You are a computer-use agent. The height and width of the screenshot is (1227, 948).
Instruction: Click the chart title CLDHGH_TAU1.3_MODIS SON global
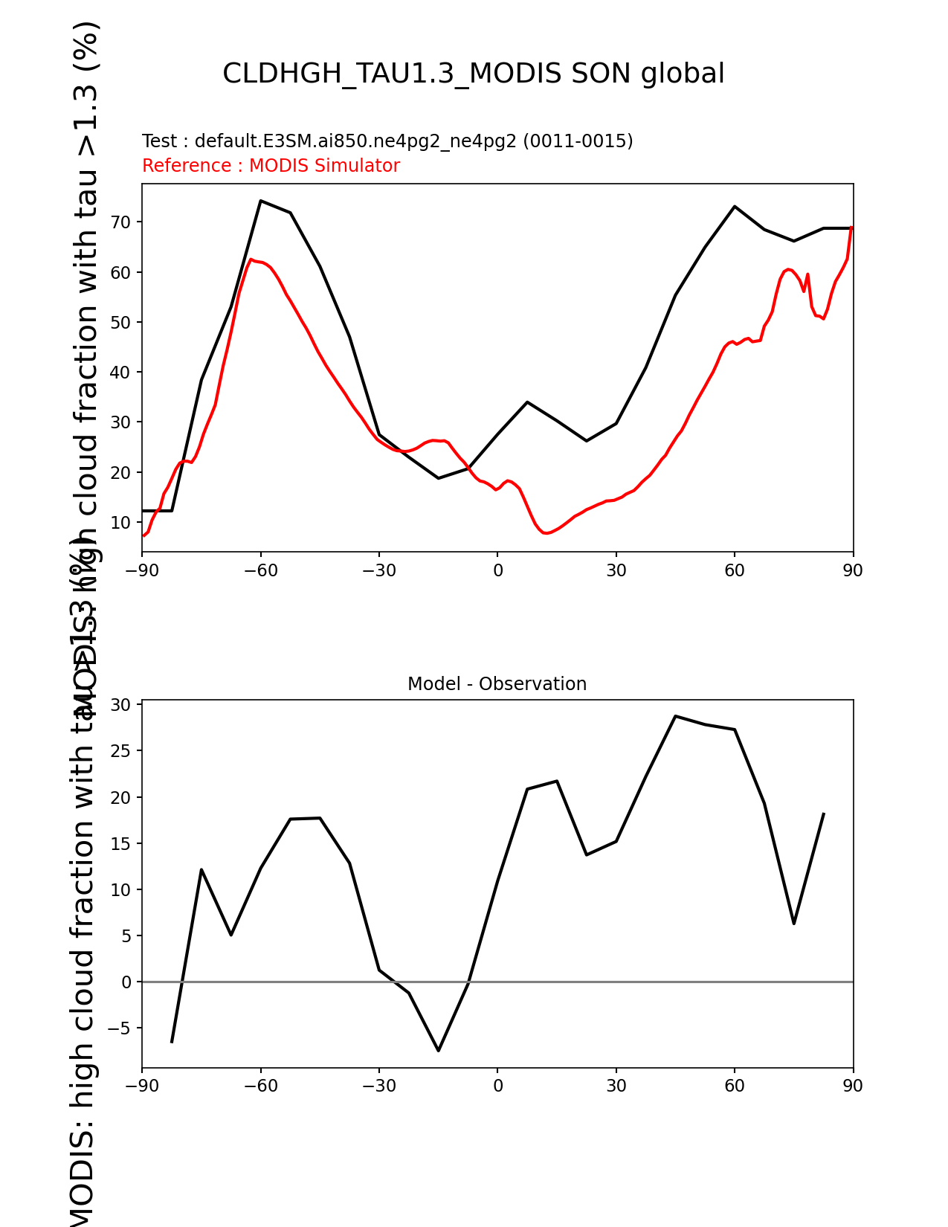point(474,74)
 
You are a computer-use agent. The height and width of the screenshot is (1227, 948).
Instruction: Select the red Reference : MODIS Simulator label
point(271,166)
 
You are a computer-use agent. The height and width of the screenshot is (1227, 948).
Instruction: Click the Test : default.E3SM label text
point(387,141)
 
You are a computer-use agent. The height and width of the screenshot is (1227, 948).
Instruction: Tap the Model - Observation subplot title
point(497,684)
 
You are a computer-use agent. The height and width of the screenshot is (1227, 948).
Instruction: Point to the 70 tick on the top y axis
point(120,222)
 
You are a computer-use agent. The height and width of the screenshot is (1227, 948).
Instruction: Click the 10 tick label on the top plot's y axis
point(120,523)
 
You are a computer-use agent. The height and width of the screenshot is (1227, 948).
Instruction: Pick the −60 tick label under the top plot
point(260,570)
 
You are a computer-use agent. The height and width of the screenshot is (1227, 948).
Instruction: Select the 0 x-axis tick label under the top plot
point(497,570)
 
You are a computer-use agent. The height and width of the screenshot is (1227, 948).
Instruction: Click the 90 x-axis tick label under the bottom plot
point(853,1086)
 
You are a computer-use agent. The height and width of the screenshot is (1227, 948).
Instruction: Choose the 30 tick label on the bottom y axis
point(120,705)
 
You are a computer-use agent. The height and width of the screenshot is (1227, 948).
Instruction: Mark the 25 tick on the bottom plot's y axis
point(120,751)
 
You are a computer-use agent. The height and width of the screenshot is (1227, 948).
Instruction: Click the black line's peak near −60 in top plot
point(261,201)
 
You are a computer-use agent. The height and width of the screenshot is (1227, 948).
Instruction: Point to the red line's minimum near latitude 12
point(546,533)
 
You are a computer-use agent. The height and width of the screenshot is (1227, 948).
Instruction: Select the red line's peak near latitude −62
point(251,260)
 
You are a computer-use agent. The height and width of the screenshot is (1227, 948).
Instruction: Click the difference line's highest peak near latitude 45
point(675,716)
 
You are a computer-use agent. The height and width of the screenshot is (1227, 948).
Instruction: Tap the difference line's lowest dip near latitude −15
point(439,1050)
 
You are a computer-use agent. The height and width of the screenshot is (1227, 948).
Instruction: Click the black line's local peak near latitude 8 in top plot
point(527,402)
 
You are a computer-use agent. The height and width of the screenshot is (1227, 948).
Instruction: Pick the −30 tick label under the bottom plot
point(378,1086)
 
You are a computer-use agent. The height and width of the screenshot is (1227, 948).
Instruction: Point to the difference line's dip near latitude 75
point(794,923)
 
